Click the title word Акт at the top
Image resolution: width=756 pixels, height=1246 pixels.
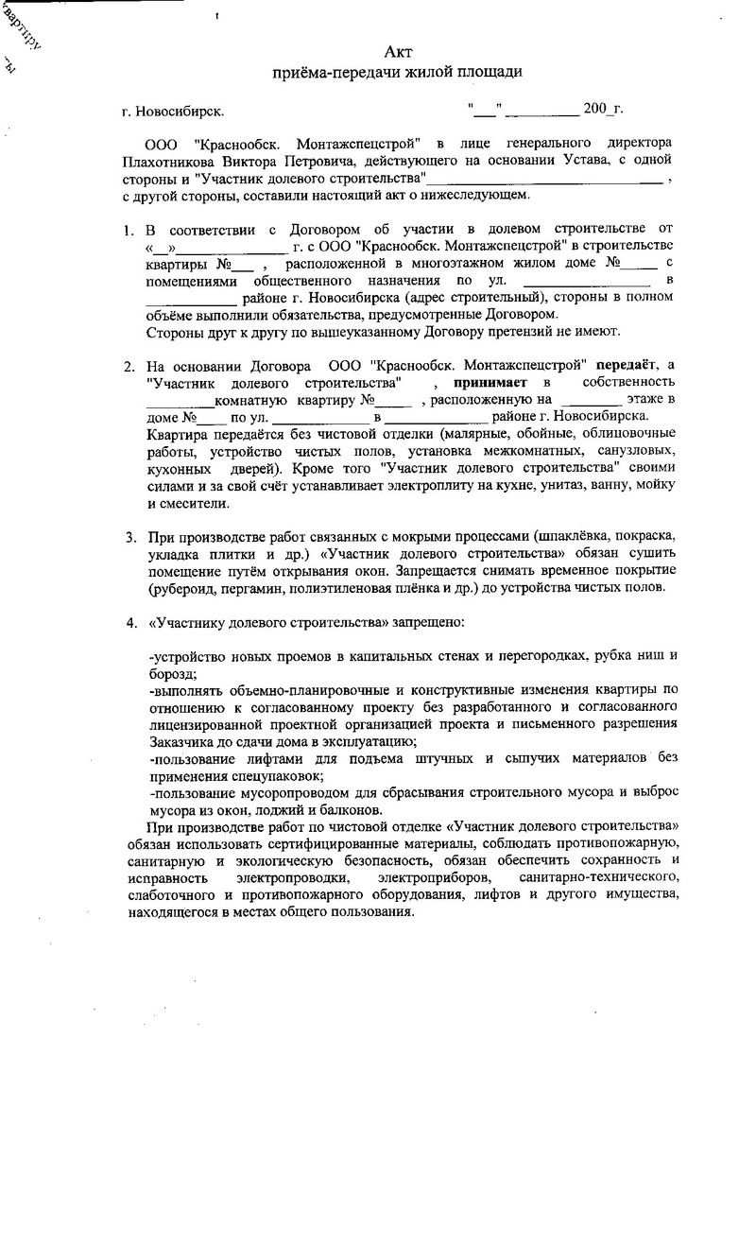[398, 51]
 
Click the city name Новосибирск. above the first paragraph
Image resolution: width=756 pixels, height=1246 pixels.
[180, 112]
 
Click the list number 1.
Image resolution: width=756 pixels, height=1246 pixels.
[130, 230]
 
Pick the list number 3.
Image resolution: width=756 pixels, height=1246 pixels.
[130, 537]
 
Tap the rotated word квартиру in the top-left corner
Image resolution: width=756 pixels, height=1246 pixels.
[26, 26]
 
